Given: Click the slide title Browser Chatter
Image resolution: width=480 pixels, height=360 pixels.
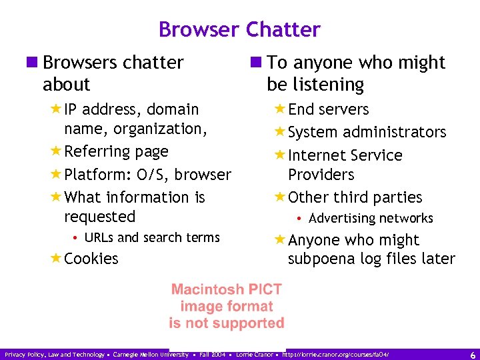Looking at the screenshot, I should point(239,30).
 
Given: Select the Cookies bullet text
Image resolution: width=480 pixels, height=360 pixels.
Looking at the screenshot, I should point(92,259).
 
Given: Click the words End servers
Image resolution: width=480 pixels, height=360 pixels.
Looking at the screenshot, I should point(328,109).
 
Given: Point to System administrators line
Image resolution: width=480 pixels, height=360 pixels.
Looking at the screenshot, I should point(367,132).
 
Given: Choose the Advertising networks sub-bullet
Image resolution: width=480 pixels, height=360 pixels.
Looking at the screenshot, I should point(371,218).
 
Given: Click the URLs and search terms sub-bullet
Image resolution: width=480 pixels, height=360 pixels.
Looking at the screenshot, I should point(152,237).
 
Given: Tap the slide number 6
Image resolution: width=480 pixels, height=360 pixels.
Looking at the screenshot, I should point(472,355).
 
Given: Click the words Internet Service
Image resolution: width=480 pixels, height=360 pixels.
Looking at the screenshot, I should point(345,155).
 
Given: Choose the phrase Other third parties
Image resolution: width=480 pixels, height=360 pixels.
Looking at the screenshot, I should point(355,197).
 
